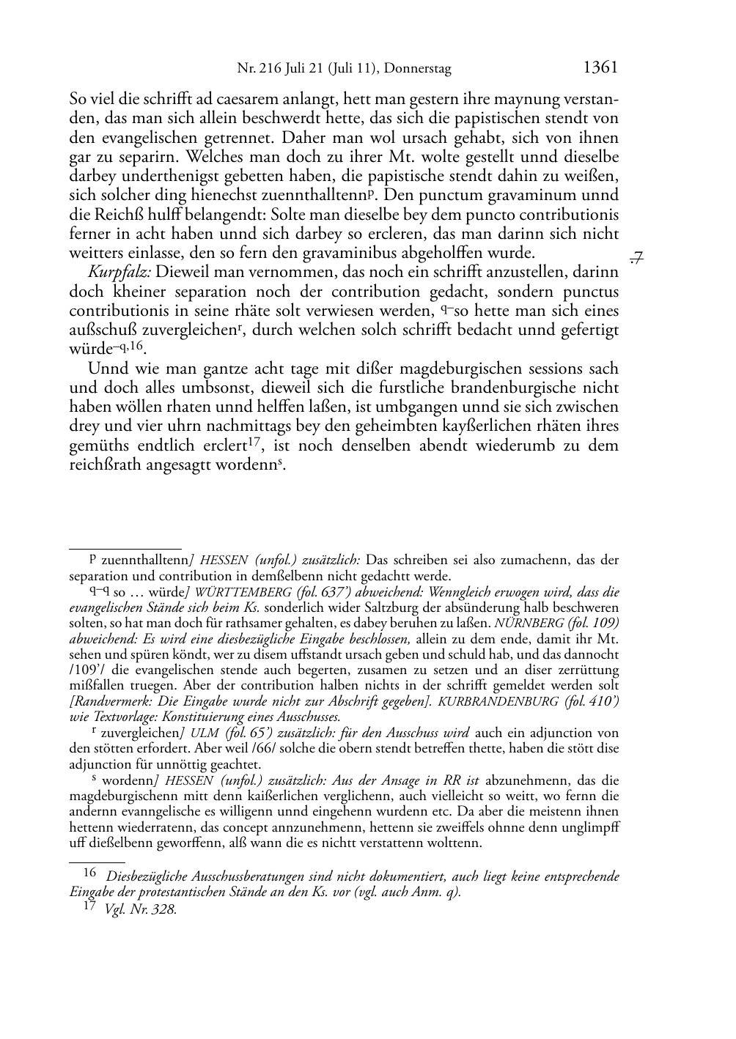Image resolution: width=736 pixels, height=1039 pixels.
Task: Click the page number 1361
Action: (x=600, y=68)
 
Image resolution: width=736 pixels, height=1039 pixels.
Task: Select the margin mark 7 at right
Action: (x=636, y=256)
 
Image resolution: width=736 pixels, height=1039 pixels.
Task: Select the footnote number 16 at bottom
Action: (x=89, y=873)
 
